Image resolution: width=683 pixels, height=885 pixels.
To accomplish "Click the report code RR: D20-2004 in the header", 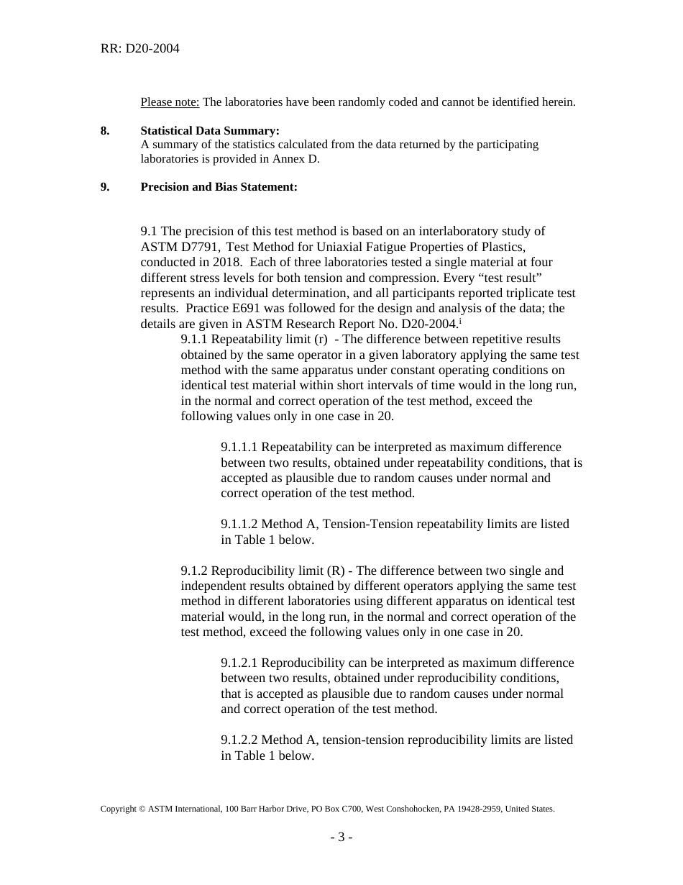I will click(139, 49).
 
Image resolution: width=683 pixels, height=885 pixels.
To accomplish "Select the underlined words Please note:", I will click(170, 102).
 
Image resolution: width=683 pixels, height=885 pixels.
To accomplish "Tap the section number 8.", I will click(105, 131).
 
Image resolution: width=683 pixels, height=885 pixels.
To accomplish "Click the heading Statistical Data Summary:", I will click(209, 131).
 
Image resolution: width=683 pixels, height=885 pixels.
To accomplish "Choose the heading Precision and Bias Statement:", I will click(219, 187).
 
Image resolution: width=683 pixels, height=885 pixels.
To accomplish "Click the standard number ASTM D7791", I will click(180, 247).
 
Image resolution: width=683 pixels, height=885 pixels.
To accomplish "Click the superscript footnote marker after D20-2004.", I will click(460, 321).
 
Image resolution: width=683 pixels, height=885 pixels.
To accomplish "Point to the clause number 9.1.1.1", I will click(239, 448).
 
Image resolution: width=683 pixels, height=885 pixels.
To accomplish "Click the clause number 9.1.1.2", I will click(239, 525).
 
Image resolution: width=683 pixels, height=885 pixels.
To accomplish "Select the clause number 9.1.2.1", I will click(239, 663).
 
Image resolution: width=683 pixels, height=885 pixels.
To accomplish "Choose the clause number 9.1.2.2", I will click(239, 740).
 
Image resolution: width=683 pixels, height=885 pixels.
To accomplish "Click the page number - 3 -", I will click(341, 838).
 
